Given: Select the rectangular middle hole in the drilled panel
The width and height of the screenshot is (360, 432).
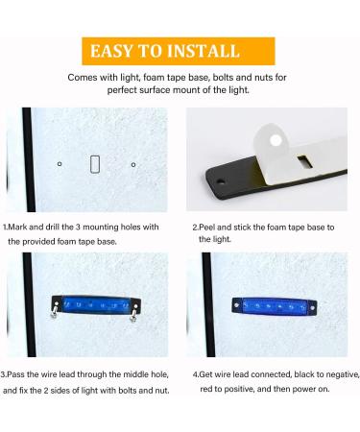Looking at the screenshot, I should (x=95, y=163).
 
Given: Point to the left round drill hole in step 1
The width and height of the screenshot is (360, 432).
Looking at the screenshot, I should (x=60, y=164).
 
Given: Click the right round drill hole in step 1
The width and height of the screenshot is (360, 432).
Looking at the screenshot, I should (x=132, y=164).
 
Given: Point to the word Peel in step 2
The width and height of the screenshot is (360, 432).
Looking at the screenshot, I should (x=207, y=228).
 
